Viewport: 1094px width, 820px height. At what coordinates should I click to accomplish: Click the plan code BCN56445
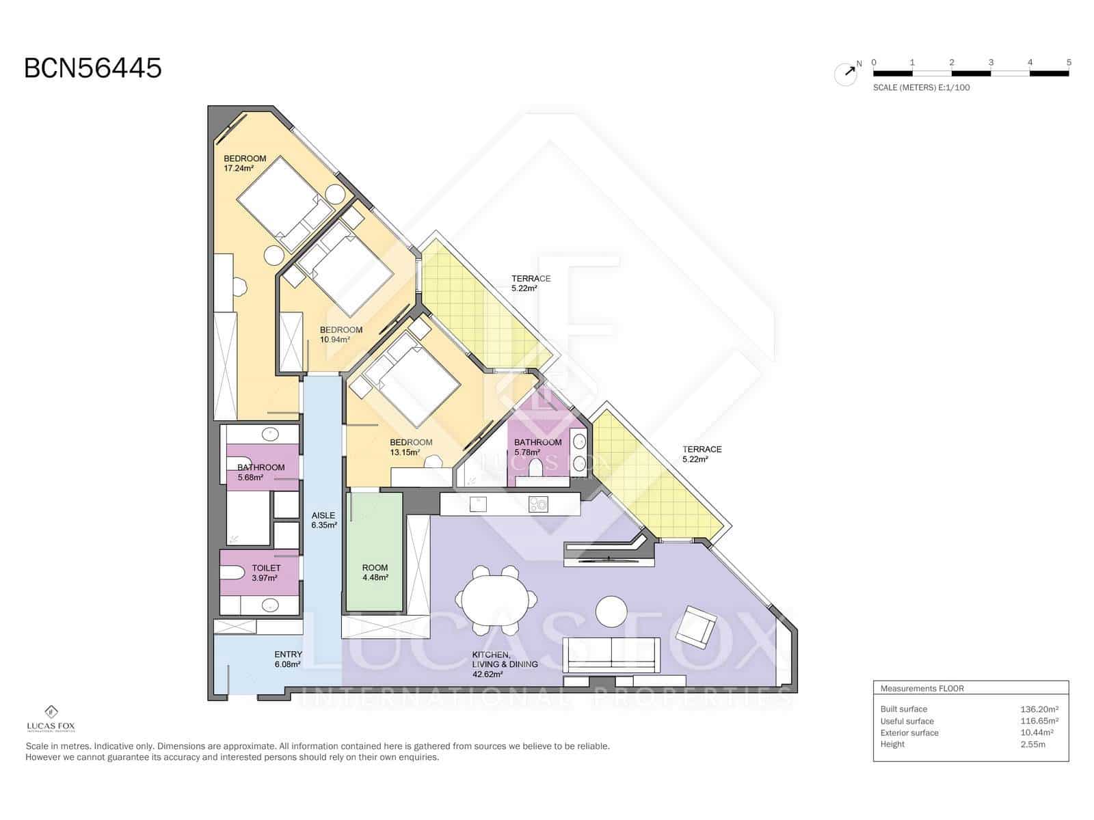coord(93,68)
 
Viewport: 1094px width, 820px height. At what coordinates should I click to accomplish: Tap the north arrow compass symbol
coord(846,73)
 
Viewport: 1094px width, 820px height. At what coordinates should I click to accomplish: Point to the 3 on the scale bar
coord(991,62)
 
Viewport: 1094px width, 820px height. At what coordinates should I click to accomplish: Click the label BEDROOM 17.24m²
coord(244,163)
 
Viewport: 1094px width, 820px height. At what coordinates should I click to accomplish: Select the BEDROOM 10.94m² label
coord(341,334)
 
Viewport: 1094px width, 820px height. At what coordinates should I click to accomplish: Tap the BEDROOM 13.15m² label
coord(411,447)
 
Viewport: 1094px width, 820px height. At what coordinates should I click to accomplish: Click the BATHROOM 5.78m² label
coord(537,447)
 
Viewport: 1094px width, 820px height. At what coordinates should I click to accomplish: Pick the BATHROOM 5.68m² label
coord(261,472)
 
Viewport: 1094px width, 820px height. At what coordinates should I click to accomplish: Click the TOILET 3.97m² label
coord(265,573)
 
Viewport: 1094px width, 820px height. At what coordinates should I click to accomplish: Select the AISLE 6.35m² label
coord(323,521)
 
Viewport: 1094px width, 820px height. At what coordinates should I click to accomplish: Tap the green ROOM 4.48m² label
coord(375,573)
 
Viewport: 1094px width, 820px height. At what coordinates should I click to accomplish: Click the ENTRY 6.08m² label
coord(287,659)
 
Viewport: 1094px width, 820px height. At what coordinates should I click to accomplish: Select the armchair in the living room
coord(696,626)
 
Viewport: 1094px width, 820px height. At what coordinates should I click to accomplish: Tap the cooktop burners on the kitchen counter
coord(538,504)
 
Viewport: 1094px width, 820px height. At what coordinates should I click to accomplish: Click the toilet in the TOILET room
coord(232,573)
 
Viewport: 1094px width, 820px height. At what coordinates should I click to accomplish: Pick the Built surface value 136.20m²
coord(1039,709)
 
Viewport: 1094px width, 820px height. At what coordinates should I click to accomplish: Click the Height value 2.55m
coord(1032,744)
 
